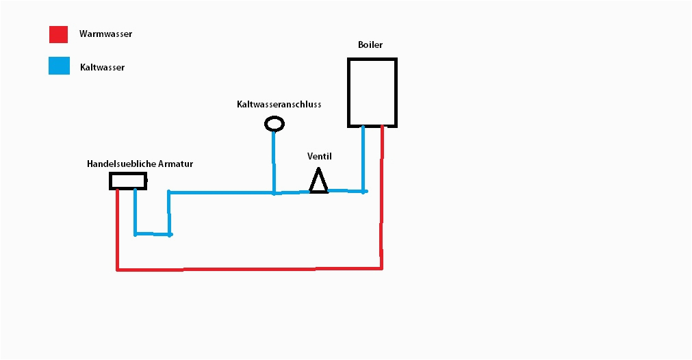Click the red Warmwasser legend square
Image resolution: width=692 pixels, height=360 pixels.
58,34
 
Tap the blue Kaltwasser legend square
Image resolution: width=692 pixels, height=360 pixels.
59,66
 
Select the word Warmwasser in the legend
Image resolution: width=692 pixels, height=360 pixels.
105,34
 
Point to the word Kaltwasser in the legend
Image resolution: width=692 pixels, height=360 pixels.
103,68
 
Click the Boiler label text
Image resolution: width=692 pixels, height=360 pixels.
370,44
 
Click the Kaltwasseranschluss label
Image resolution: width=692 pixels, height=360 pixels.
279,104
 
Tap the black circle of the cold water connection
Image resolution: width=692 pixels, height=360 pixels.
274,116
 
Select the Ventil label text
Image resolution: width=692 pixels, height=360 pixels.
320,156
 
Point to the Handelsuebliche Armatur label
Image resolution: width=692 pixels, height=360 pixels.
140,164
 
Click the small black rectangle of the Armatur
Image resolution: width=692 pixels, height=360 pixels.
128,173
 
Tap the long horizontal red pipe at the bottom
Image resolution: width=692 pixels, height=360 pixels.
249,269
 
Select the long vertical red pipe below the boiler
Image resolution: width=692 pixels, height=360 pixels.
382,197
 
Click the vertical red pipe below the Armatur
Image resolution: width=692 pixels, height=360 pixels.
118,229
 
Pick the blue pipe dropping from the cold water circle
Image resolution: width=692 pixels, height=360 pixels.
274,162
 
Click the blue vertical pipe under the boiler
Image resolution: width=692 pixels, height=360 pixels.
363,159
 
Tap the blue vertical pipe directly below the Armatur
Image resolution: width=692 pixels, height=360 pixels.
135,211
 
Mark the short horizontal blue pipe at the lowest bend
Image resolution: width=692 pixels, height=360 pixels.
153,234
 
